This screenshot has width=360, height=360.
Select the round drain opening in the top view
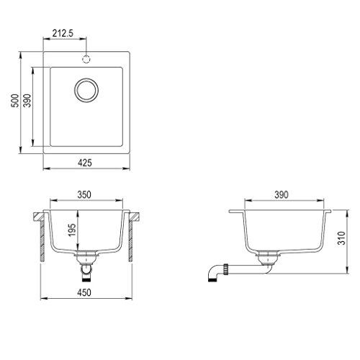[86, 91]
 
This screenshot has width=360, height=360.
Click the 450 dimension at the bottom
[86, 292]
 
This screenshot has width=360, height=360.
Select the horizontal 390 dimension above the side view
[281, 194]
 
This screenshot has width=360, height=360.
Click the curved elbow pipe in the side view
[214, 272]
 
